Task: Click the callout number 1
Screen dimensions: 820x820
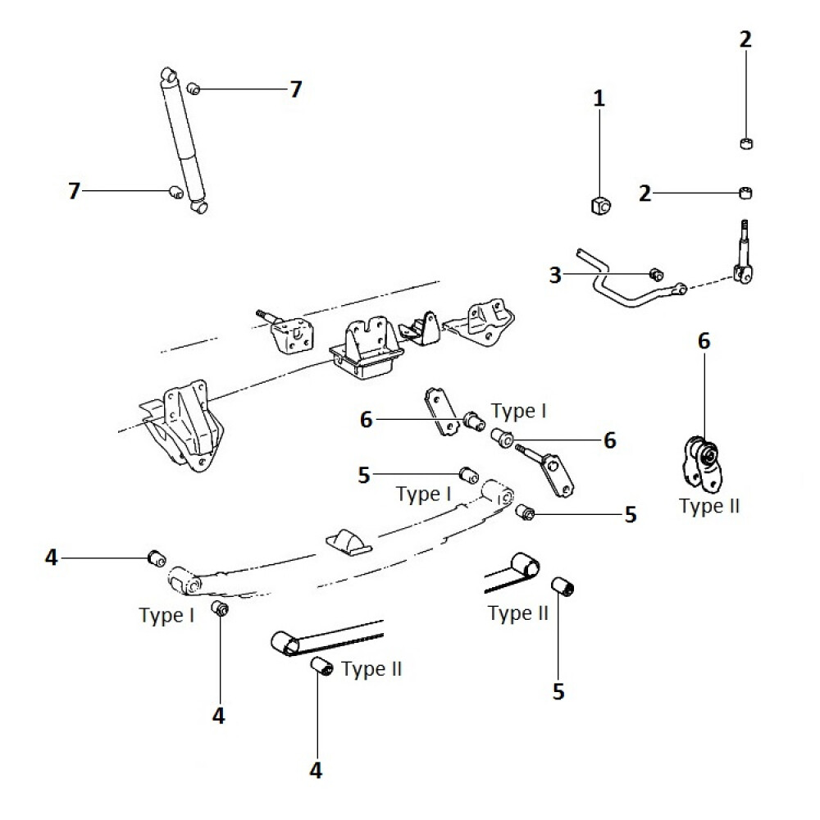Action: tap(599, 99)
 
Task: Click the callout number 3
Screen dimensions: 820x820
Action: tap(556, 276)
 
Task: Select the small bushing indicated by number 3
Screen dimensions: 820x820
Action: tap(655, 274)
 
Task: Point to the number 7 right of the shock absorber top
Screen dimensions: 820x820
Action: tap(295, 89)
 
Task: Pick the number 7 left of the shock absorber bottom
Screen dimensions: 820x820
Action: tap(75, 191)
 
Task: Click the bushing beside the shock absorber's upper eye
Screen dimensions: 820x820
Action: tap(194, 89)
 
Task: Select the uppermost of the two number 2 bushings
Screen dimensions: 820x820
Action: tap(745, 144)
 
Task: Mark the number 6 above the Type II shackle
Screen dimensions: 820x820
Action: tap(704, 341)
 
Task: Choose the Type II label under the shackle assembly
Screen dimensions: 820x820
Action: tap(709, 506)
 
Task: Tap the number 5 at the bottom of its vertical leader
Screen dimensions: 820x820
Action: tap(558, 692)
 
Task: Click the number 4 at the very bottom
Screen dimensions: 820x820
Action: tap(317, 770)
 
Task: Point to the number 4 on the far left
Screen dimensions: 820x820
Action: tap(52, 558)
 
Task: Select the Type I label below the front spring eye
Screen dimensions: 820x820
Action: tap(166, 615)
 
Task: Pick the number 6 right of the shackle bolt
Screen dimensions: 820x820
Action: tap(609, 440)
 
